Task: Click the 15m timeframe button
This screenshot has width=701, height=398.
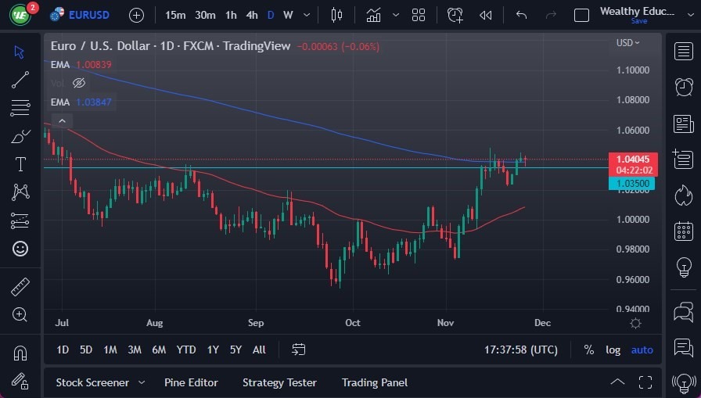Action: (175, 15)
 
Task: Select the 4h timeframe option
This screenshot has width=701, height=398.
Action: (252, 15)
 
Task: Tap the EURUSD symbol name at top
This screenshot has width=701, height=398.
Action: (88, 15)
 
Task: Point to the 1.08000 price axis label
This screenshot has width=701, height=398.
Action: (633, 100)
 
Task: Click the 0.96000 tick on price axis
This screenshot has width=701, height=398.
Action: (633, 279)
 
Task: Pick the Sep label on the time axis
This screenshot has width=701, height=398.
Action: (256, 322)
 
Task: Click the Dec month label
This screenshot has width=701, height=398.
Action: (543, 322)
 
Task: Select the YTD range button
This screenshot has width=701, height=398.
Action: (186, 350)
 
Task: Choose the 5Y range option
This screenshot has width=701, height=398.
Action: (235, 350)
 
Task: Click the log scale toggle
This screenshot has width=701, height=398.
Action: (613, 350)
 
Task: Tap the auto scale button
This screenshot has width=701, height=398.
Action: (642, 350)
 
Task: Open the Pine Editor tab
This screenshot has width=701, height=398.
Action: (191, 382)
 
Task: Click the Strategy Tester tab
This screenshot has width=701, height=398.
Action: (279, 382)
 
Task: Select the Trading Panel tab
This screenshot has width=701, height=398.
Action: (375, 382)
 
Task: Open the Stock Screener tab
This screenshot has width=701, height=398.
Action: (92, 382)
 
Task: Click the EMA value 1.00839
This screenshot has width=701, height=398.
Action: (94, 64)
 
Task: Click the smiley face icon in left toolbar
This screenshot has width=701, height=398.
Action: (20, 249)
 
